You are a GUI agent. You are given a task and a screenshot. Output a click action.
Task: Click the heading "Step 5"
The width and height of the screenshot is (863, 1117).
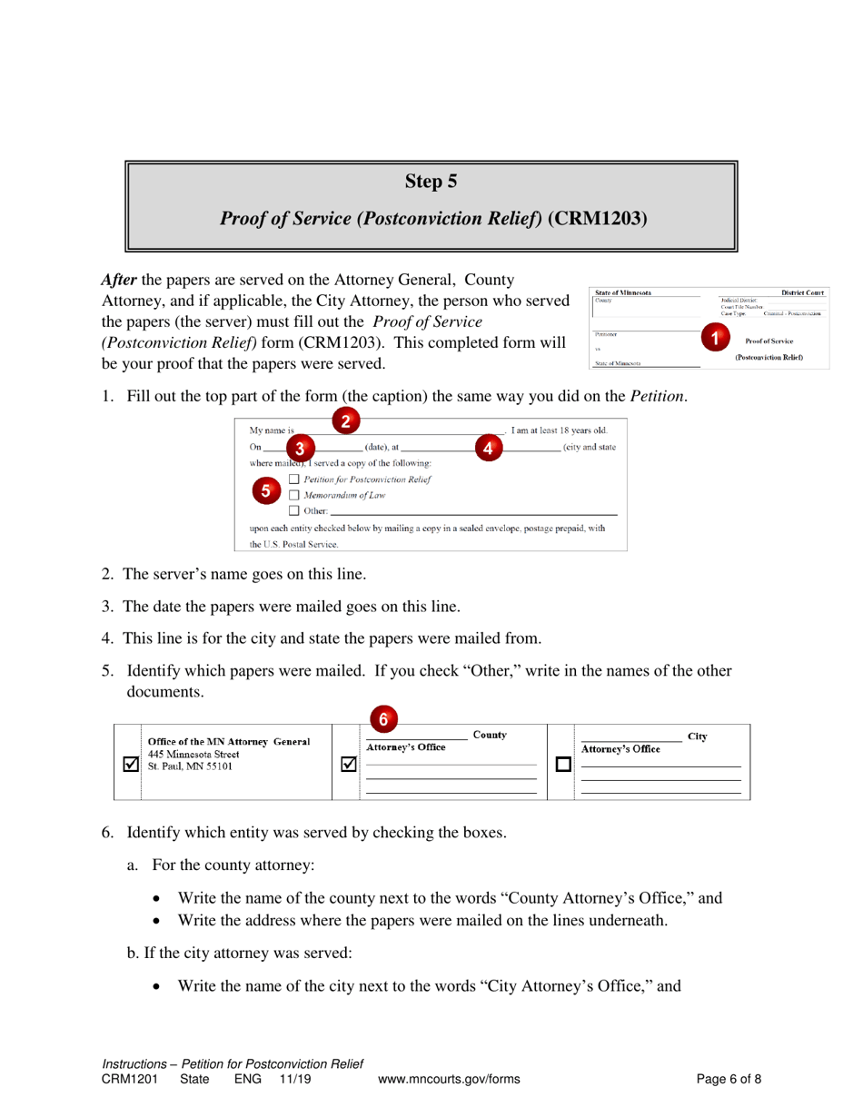pyautogui.click(x=431, y=182)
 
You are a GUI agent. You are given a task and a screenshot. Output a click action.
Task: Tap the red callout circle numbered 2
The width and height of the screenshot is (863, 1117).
pyautogui.click(x=345, y=420)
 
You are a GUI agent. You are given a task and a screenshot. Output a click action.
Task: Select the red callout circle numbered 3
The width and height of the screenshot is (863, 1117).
pyautogui.click(x=301, y=448)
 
